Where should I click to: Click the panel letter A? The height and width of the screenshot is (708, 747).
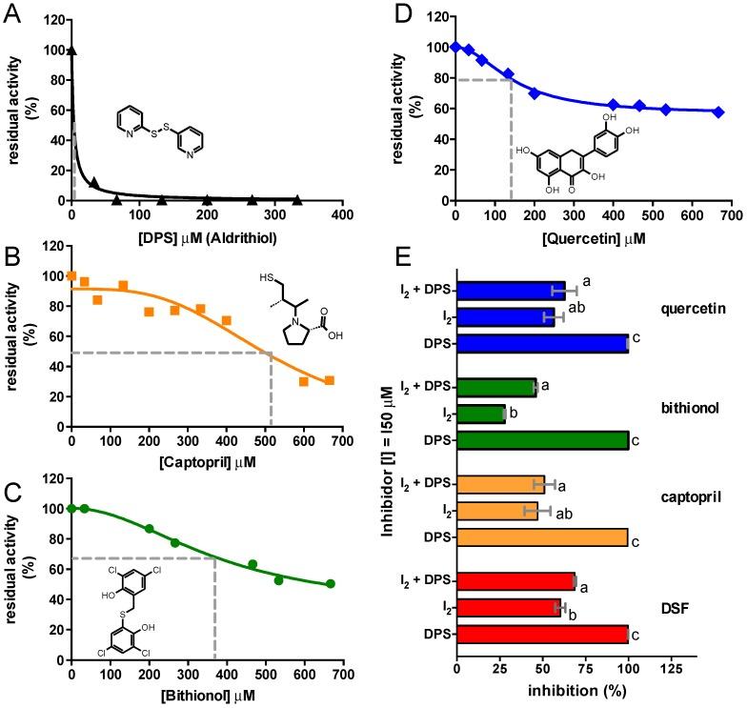tap(12, 12)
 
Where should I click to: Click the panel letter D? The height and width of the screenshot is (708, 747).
tap(393, 12)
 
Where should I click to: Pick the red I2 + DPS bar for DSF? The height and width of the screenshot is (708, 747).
tap(515, 580)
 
